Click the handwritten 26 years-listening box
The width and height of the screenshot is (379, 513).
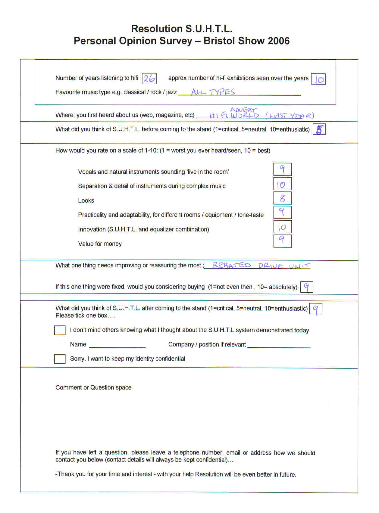[149, 79]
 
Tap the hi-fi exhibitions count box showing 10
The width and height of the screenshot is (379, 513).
[318, 79]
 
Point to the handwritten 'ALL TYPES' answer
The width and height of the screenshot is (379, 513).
[213, 92]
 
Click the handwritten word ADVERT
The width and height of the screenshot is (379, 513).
[243, 110]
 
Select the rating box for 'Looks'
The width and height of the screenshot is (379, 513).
[282, 198]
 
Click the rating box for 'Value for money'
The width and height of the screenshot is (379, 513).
[282, 241]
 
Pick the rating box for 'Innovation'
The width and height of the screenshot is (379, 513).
[282, 227]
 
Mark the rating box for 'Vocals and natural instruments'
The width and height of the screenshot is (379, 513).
[282, 169]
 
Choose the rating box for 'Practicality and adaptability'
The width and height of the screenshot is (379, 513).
[282, 213]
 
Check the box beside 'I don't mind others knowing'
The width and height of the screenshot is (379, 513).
[60, 330]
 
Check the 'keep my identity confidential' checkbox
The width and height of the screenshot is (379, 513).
[60, 359]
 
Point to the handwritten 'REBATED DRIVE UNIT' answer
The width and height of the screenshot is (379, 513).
[261, 266]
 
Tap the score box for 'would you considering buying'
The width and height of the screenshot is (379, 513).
[307, 287]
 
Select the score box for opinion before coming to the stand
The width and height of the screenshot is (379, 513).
[319, 130]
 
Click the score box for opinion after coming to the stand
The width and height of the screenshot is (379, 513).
[316, 309]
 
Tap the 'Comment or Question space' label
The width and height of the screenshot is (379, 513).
[93, 387]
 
